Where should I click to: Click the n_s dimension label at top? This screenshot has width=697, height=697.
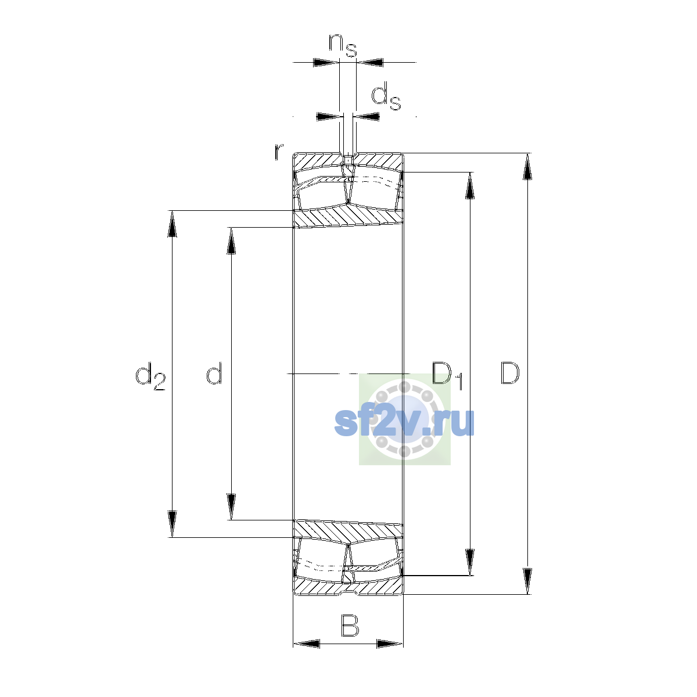tap(343, 45)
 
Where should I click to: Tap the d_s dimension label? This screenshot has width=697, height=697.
tap(386, 96)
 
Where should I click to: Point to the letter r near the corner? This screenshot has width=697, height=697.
tap(279, 152)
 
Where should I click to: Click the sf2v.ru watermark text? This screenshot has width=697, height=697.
tap(404, 422)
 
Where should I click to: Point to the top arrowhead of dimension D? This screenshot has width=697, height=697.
tap(527, 166)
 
